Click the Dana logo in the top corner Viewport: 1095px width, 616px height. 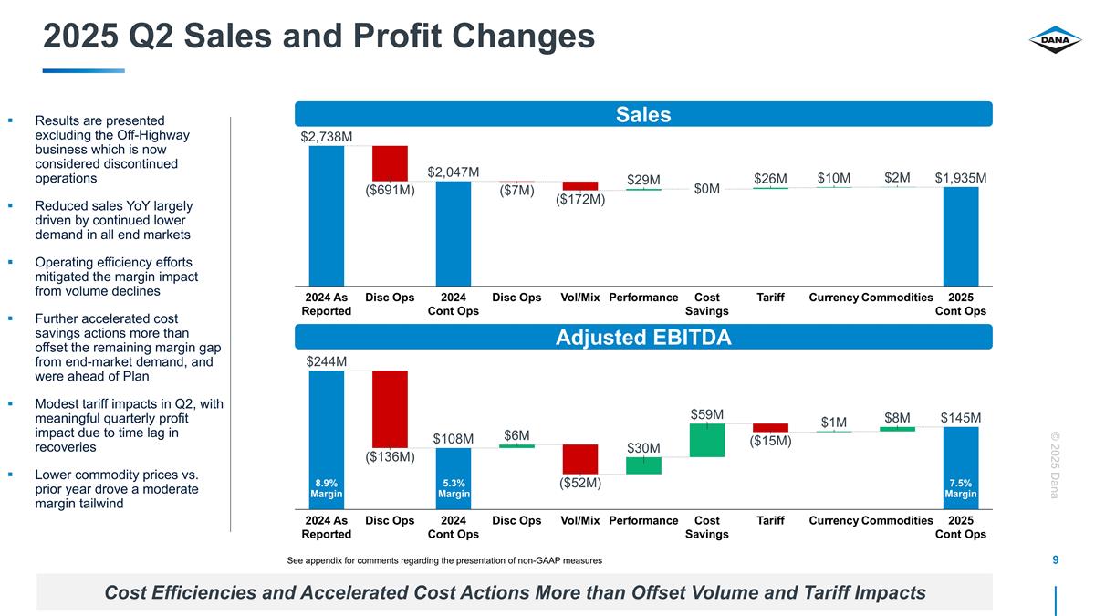click(x=1055, y=39)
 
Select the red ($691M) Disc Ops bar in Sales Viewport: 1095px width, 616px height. click(x=390, y=163)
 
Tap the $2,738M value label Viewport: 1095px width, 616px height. click(x=326, y=136)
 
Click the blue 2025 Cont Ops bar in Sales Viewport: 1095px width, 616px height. click(x=961, y=235)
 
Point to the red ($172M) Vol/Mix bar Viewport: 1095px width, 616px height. click(x=580, y=185)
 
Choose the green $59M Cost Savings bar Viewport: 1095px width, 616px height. click(x=707, y=440)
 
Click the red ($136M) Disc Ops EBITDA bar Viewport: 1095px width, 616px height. click(x=390, y=408)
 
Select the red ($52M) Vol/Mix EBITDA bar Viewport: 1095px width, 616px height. click(x=580, y=459)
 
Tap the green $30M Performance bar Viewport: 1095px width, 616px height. click(x=643, y=465)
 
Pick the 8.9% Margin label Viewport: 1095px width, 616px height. click(x=326, y=488)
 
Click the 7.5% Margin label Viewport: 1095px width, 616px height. click(x=961, y=488)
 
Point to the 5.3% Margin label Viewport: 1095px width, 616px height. click(x=454, y=488)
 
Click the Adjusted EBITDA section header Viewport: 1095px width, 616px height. click(x=643, y=338)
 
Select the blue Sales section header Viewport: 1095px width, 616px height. click(x=643, y=114)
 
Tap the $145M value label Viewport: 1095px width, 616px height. click(x=961, y=417)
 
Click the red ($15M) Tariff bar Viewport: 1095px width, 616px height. click(x=770, y=427)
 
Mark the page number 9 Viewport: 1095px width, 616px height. click(x=1055, y=559)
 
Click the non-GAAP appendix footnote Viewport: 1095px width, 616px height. click(x=444, y=559)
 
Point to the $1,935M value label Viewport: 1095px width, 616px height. click(x=961, y=177)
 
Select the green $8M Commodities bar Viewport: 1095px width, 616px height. click(x=897, y=429)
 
